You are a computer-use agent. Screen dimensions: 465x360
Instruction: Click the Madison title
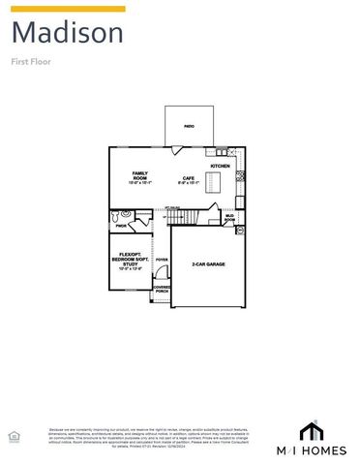point(68,34)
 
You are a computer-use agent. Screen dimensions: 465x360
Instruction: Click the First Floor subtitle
point(31,61)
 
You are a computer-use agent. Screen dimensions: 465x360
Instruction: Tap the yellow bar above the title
point(68,9)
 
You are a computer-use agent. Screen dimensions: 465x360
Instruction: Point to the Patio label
point(190,127)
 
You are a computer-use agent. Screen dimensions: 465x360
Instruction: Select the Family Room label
point(140,177)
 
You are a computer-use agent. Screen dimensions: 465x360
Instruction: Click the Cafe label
point(189,179)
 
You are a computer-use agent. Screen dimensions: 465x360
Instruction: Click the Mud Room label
point(229,218)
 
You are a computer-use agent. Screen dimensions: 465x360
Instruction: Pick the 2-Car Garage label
point(207,263)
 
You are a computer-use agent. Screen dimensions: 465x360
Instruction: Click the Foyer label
point(162,260)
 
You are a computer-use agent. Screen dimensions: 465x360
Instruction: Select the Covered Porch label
point(162,289)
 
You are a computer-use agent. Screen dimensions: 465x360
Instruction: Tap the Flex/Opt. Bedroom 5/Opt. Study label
point(130,262)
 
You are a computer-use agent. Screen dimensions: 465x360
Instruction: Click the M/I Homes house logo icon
point(310,429)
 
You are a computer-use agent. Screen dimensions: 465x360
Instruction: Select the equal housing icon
point(13,437)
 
